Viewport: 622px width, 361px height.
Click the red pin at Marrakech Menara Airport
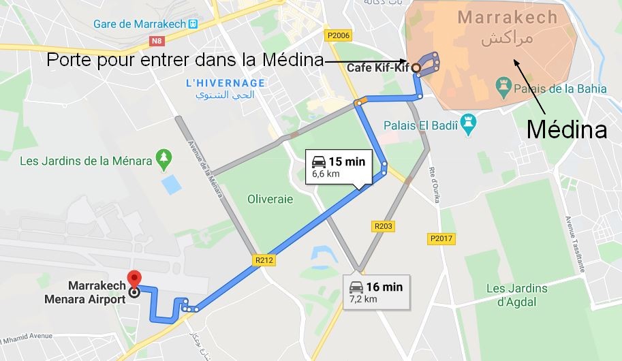tap(134, 279)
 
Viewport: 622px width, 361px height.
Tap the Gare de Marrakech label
tap(140, 24)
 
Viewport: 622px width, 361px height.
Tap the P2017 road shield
tap(441, 238)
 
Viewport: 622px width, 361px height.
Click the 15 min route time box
tap(339, 167)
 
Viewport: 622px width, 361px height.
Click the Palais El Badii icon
tap(468, 124)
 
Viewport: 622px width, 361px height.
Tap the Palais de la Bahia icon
tap(504, 87)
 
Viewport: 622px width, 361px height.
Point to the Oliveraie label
tap(270, 199)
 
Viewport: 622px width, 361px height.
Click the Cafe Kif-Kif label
tap(378, 67)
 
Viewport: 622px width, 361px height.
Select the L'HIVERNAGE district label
tap(226, 82)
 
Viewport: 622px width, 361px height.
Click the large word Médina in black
tap(567, 129)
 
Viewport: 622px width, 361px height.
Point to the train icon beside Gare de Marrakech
tap(193, 24)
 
